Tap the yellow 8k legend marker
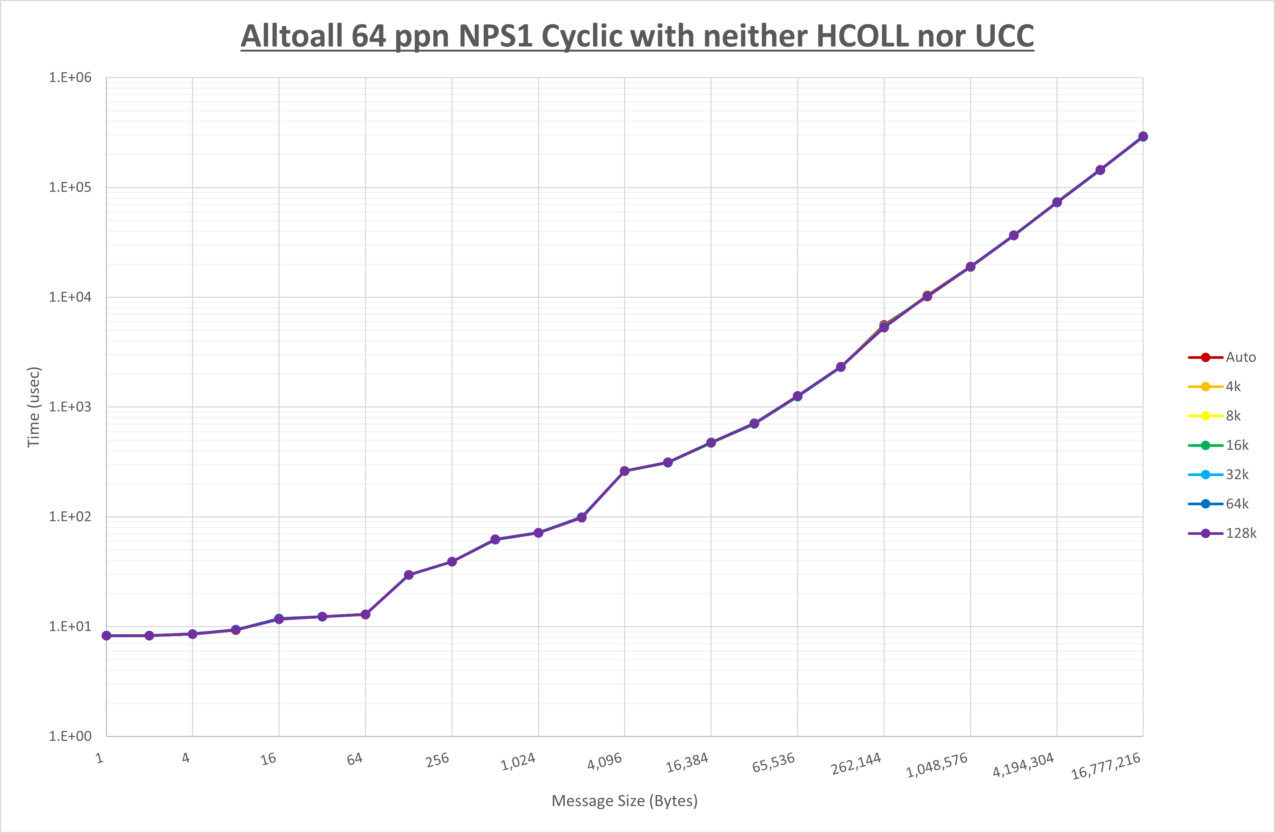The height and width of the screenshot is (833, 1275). click(x=1205, y=416)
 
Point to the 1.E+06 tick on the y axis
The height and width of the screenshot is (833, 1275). click(x=70, y=78)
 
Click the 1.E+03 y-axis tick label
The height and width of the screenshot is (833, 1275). click(x=70, y=407)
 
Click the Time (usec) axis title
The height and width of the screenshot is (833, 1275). click(x=34, y=407)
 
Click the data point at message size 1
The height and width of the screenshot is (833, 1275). click(x=107, y=636)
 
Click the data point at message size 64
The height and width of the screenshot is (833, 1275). click(x=365, y=615)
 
